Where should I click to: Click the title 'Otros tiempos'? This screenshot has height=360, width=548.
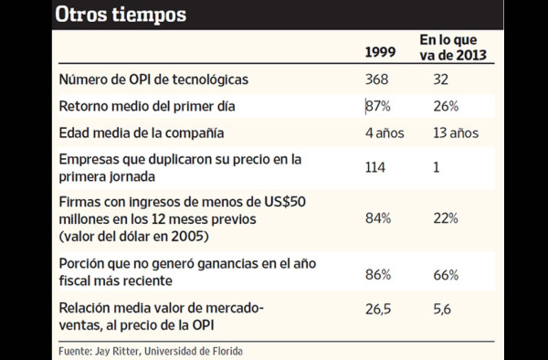121,16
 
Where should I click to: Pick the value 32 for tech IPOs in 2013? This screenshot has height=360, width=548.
440,80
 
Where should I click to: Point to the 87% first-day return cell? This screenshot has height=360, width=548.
379,106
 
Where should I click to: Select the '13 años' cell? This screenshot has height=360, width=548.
455,132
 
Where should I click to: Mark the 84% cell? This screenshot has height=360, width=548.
379,217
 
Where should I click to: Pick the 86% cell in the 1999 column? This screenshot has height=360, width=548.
379,273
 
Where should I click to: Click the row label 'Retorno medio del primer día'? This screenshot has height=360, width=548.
147,106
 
